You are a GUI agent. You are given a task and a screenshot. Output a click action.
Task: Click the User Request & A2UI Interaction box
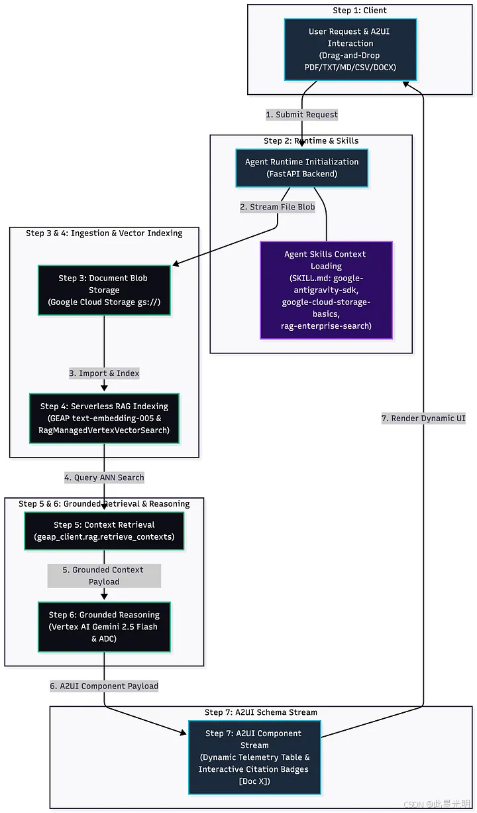(350, 49)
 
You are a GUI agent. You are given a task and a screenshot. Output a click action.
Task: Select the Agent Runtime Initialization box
(302, 168)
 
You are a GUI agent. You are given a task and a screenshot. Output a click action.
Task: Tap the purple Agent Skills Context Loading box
(326, 290)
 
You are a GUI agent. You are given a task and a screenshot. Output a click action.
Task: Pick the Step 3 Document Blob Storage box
(104, 290)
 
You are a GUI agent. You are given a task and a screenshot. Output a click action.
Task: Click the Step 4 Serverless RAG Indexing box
(104, 418)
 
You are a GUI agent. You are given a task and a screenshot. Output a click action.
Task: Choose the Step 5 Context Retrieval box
(104, 531)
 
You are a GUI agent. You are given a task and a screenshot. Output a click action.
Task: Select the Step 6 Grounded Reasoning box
(104, 627)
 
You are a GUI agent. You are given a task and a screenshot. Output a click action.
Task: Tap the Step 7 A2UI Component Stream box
(254, 757)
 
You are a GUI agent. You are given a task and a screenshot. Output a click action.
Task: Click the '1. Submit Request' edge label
(302, 115)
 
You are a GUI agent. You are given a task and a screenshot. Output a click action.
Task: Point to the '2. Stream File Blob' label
(278, 207)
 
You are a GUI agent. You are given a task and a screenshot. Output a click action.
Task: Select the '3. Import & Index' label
(104, 373)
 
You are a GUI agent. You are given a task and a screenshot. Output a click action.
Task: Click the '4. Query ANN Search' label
(104, 477)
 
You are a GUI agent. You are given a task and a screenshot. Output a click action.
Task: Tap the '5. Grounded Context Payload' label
(104, 576)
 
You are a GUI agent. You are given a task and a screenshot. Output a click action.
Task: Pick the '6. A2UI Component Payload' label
(104, 686)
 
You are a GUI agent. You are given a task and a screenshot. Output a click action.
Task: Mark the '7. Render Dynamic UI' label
(423, 418)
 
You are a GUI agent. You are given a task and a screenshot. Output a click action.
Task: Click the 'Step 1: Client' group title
(360, 10)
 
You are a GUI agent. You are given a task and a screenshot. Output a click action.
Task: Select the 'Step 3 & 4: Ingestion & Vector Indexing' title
(104, 233)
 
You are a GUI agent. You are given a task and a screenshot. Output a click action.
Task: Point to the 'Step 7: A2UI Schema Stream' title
(261, 712)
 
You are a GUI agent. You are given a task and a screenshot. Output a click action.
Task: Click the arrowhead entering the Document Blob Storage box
(176, 263)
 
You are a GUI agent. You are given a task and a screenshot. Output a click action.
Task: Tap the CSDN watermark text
(437, 804)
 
